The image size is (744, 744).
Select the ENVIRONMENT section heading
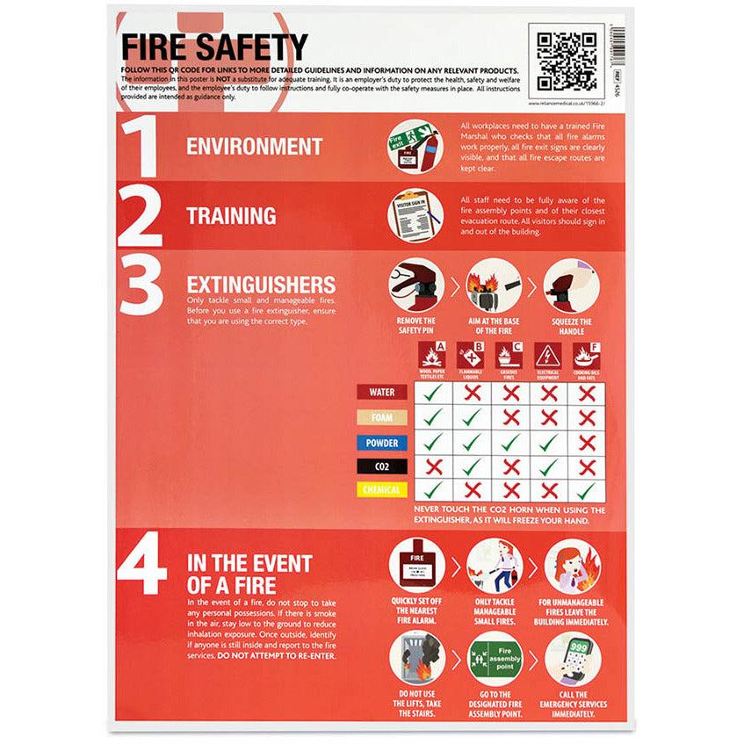coord(254,146)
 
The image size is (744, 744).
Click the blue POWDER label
coord(382,443)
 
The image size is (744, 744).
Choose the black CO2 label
coord(382,466)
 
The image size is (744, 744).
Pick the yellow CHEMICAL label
coord(382,490)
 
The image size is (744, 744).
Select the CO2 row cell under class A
coord(432,466)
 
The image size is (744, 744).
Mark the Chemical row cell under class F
coord(588,490)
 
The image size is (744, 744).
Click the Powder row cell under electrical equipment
coord(549,443)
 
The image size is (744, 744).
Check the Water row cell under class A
coord(432,395)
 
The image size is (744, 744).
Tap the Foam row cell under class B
coord(471,419)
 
